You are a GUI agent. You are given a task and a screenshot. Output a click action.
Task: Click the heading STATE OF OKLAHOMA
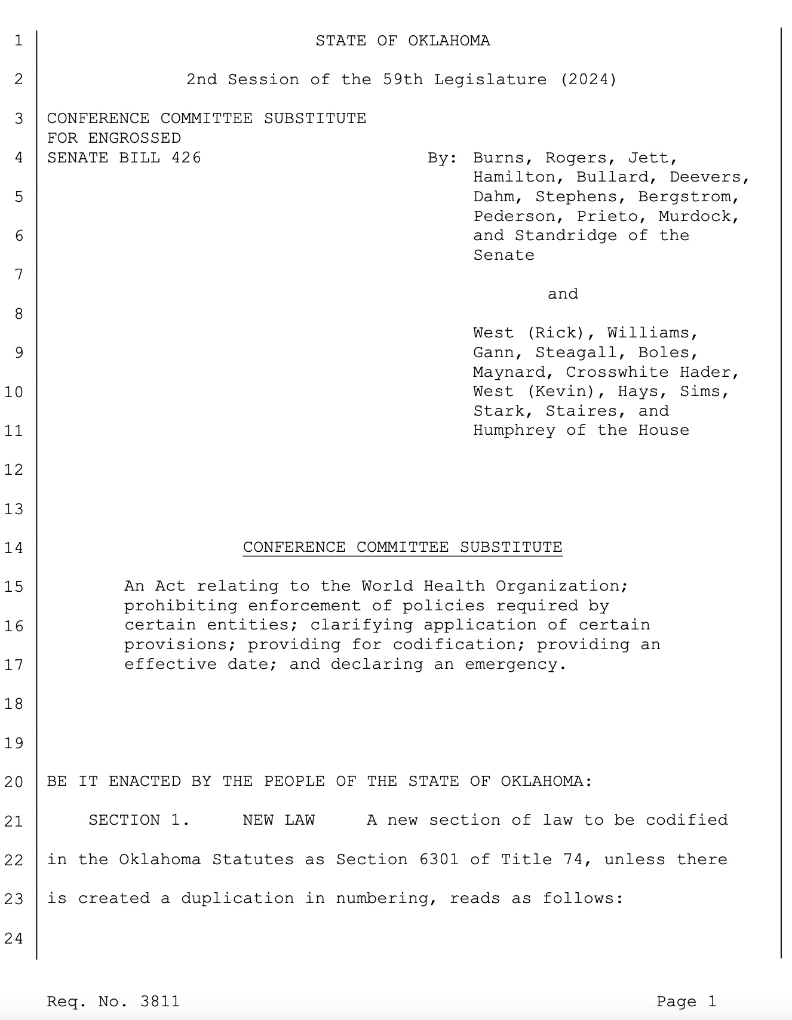(403, 41)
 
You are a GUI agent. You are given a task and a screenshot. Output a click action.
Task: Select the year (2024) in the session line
(588, 79)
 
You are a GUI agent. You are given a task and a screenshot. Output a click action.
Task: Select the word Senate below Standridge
(504, 255)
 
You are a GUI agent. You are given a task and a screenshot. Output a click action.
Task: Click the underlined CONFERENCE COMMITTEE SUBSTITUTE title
(403, 547)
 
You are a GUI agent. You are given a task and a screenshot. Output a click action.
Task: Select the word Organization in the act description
(561, 586)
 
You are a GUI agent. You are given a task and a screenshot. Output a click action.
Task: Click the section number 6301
(439, 859)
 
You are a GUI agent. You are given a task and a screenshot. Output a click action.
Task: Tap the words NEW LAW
(278, 820)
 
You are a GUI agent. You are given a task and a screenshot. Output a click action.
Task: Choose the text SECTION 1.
(139, 820)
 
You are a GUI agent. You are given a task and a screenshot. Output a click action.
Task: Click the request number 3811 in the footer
(159, 1001)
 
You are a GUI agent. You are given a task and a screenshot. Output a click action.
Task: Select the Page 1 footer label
(686, 1001)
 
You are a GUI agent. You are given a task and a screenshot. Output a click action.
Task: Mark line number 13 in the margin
(14, 509)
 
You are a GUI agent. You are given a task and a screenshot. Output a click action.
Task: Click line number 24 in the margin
(14, 938)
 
